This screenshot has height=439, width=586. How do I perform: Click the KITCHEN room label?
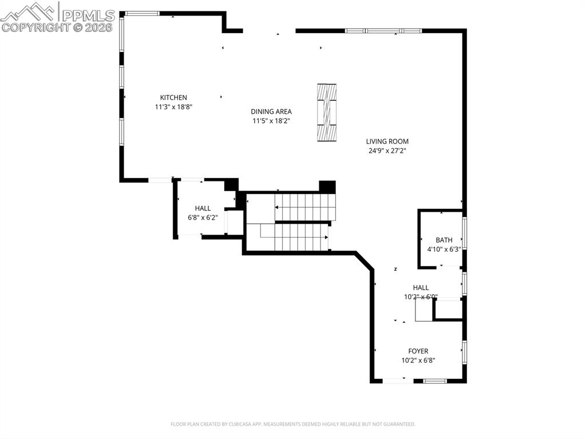(x=173, y=98)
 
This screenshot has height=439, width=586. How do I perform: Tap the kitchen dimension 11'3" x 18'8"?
(x=173, y=107)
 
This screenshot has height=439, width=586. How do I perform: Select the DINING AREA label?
(x=271, y=112)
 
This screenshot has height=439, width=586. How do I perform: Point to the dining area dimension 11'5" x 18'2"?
(x=271, y=121)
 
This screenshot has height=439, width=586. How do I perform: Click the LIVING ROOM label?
(x=387, y=141)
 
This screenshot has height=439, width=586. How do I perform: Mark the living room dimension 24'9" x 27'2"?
(x=387, y=151)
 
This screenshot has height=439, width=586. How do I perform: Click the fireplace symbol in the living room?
(x=327, y=112)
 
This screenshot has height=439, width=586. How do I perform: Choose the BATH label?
(x=444, y=240)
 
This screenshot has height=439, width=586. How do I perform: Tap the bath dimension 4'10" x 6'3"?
(x=444, y=250)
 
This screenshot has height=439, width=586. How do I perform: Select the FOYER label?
(x=418, y=351)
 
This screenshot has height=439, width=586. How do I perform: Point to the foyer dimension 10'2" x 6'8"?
(x=418, y=361)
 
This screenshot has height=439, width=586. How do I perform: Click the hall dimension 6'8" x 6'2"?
(x=203, y=218)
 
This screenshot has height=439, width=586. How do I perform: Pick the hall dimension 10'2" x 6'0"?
(x=421, y=297)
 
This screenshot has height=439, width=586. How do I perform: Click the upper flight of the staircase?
(x=303, y=207)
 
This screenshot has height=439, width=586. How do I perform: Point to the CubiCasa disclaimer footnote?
(x=292, y=424)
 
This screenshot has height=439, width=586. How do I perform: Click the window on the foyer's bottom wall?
(x=435, y=381)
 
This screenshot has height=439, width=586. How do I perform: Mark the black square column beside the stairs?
(x=327, y=187)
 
